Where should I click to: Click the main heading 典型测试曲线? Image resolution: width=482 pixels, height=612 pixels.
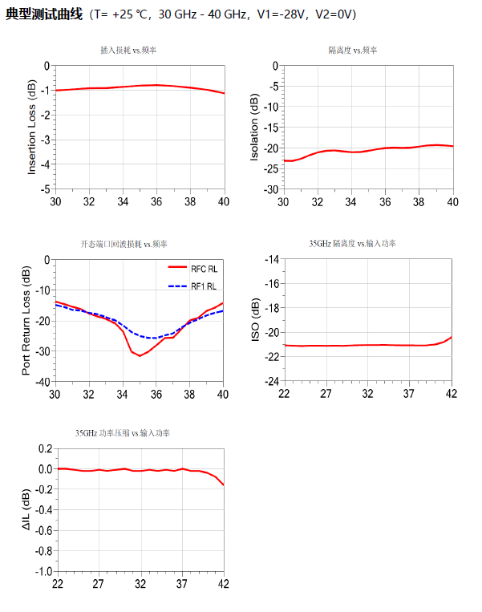[44, 14]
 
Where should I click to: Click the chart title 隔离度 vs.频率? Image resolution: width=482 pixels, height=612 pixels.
[353, 50]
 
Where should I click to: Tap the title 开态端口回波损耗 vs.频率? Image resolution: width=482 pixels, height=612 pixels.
[129, 243]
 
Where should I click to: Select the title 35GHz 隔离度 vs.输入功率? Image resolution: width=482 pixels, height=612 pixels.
[353, 243]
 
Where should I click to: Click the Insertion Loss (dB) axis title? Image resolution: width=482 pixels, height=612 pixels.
[32, 127]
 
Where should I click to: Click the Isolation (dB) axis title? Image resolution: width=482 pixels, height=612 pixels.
[255, 128]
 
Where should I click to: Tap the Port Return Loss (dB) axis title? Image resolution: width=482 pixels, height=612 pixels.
[26, 320]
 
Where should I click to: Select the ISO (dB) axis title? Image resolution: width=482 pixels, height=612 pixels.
[255, 320]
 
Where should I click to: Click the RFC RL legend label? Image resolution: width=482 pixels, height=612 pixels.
[204, 270]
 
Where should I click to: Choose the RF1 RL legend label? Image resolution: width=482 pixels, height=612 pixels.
[204, 286]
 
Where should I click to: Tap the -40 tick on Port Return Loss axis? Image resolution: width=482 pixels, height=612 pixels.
[42, 382]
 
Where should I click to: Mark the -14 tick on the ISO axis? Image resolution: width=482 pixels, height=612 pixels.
[269, 259]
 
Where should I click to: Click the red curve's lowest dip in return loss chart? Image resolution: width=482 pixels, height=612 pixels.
[140, 355]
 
